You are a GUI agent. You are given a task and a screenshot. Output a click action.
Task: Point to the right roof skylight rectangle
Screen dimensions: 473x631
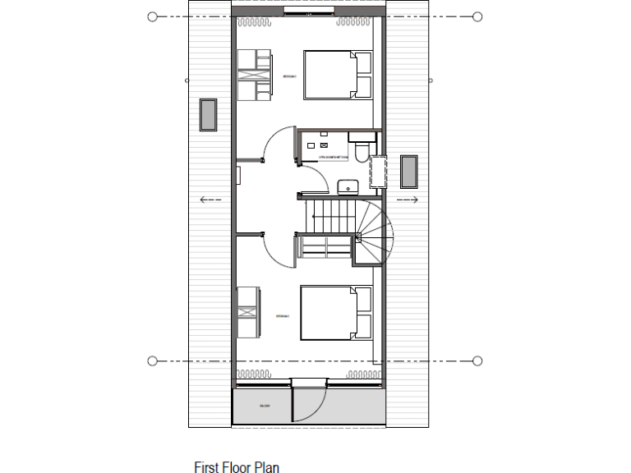[408, 171]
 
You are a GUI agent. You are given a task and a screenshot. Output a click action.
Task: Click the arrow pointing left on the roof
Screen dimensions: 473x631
[210, 200]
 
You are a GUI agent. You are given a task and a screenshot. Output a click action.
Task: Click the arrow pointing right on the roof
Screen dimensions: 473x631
[408, 200]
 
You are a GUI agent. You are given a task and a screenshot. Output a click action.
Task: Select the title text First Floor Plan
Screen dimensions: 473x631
[237, 467]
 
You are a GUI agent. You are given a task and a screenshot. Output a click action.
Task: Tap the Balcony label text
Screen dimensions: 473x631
[265, 406]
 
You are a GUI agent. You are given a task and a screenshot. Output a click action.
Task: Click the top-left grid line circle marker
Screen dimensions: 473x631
[152, 16]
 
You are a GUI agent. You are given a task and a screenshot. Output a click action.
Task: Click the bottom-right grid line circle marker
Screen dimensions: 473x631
[477, 360]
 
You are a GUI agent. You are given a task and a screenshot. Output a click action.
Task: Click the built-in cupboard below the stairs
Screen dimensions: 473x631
[325, 249]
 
